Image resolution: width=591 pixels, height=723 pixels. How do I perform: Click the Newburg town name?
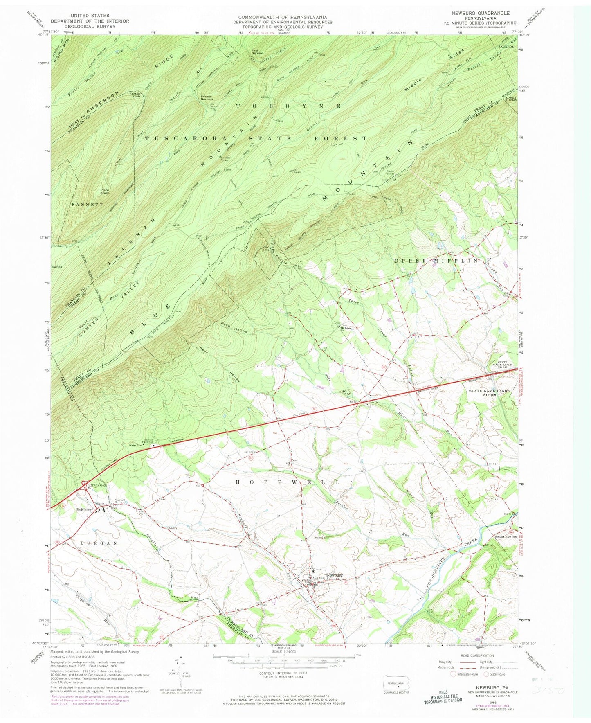333,574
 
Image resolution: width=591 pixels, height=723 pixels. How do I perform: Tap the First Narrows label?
257,52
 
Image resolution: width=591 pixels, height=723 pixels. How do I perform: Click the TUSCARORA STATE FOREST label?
256,138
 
